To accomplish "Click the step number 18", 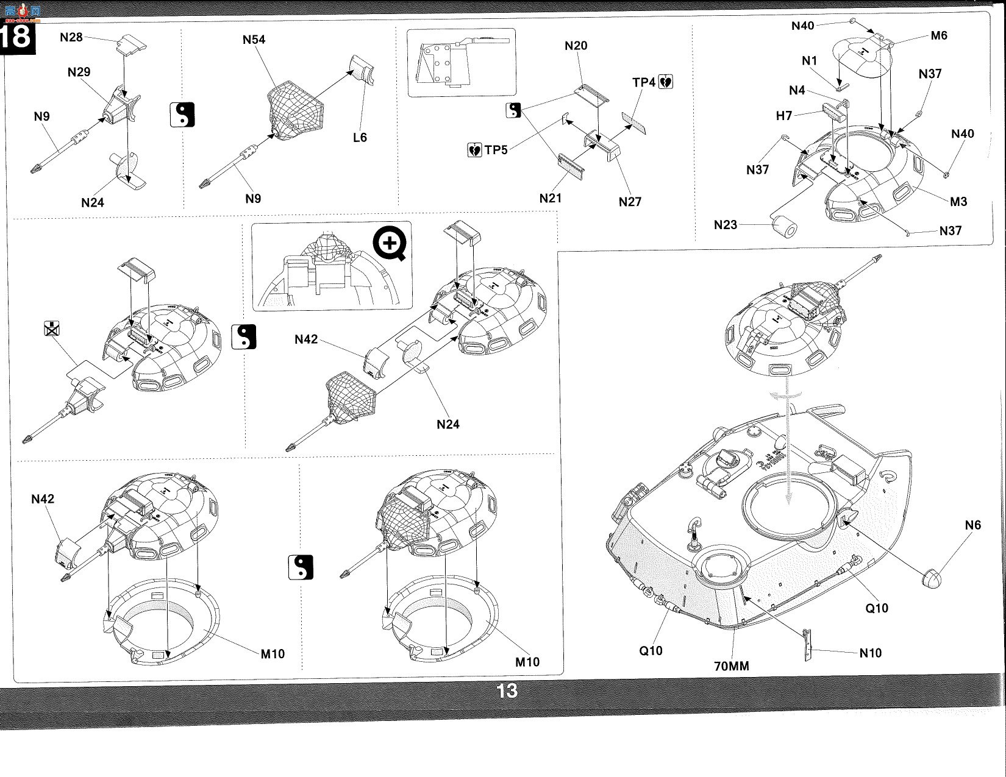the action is [x=16, y=37].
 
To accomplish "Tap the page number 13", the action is [x=507, y=691].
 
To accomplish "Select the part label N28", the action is [x=71, y=37].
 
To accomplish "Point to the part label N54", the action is [x=254, y=40].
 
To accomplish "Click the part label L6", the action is [x=360, y=138].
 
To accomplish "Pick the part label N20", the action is [x=576, y=46].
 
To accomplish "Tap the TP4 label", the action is [x=644, y=82].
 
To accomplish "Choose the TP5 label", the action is [x=496, y=150].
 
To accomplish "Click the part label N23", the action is [x=726, y=225].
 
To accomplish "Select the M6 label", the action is [x=939, y=35].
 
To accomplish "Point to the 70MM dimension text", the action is [x=732, y=666].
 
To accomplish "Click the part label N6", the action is [x=972, y=525].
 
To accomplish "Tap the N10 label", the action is [x=871, y=653].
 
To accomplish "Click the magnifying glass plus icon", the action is [x=390, y=243].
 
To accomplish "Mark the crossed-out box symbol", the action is [x=52, y=328].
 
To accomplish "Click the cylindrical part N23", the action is [x=785, y=227].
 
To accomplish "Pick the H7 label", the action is [x=784, y=116].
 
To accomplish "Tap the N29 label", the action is [x=79, y=72].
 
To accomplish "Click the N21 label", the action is [x=551, y=199].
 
